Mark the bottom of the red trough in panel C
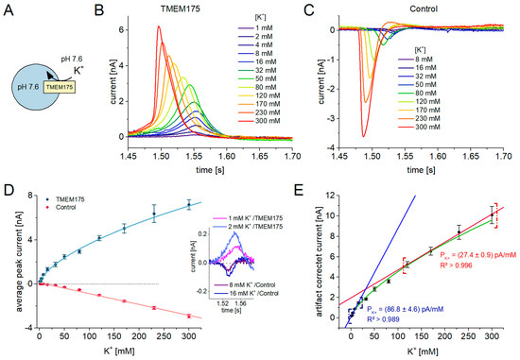coord(362,137)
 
